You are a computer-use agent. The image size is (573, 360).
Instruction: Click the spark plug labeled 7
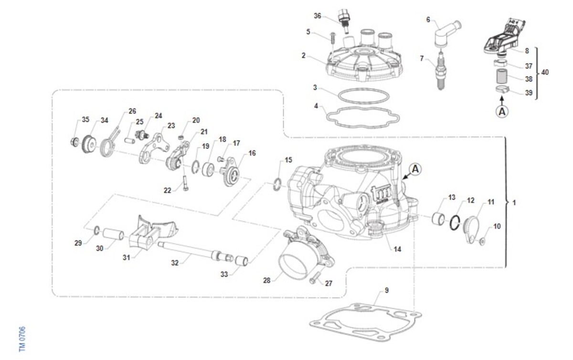click(441, 70)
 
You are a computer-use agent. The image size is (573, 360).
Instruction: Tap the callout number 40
click(545, 73)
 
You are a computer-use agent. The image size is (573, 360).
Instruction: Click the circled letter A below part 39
click(502, 112)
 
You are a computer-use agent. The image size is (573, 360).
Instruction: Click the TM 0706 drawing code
click(22, 339)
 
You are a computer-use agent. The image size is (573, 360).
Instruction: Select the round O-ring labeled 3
click(364, 96)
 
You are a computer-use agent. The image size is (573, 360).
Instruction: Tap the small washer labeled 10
click(482, 241)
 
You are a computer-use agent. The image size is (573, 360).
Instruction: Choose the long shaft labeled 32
click(195, 252)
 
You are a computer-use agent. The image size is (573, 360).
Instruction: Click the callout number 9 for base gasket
click(386, 290)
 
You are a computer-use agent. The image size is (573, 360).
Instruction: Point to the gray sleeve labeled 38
click(502, 76)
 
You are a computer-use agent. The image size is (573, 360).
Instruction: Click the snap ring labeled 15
click(277, 184)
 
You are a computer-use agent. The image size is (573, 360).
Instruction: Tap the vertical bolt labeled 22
click(185, 183)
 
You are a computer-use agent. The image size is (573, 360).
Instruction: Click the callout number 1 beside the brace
click(514, 202)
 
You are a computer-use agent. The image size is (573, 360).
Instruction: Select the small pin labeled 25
click(129, 141)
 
